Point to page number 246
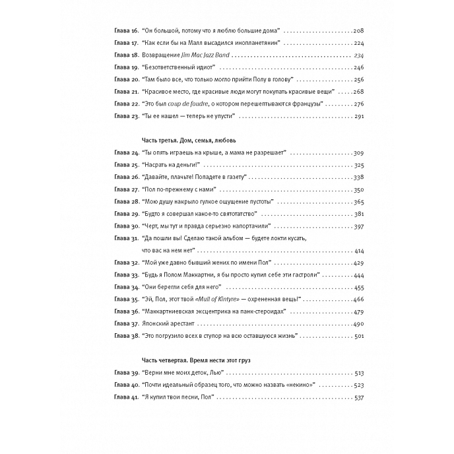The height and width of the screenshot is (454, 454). click(359, 67)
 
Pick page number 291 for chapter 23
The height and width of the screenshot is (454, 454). click(359, 116)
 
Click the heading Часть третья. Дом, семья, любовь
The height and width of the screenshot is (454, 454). click(189, 141)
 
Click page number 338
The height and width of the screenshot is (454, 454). click(359, 178)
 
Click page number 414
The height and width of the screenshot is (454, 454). click(359, 251)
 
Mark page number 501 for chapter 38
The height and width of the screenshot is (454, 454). click(359, 336)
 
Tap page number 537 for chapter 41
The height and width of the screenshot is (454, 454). click(359, 397)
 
